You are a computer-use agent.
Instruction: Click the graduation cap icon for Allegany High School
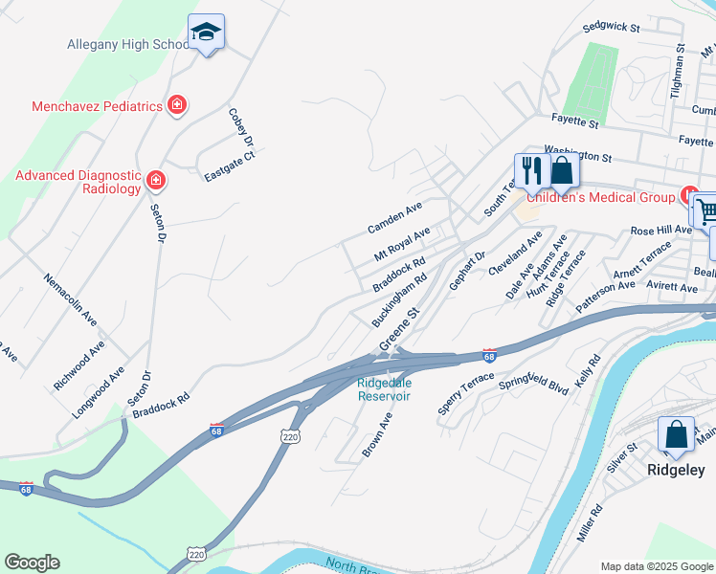point(206,33)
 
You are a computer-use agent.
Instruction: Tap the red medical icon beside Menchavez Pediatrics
point(176,105)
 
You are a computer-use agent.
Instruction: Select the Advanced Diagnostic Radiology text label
point(78,182)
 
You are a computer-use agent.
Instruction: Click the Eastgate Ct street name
point(230,166)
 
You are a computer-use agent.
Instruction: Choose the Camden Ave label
point(395,220)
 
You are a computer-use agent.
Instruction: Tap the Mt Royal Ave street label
point(402,244)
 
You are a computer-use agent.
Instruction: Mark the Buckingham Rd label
point(399,303)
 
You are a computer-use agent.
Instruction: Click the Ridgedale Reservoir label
point(384,389)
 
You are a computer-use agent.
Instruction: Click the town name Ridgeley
point(677,469)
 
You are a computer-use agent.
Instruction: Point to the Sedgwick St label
point(611,28)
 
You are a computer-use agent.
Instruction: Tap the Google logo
point(32,563)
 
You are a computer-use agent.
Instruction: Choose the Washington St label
point(577,153)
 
